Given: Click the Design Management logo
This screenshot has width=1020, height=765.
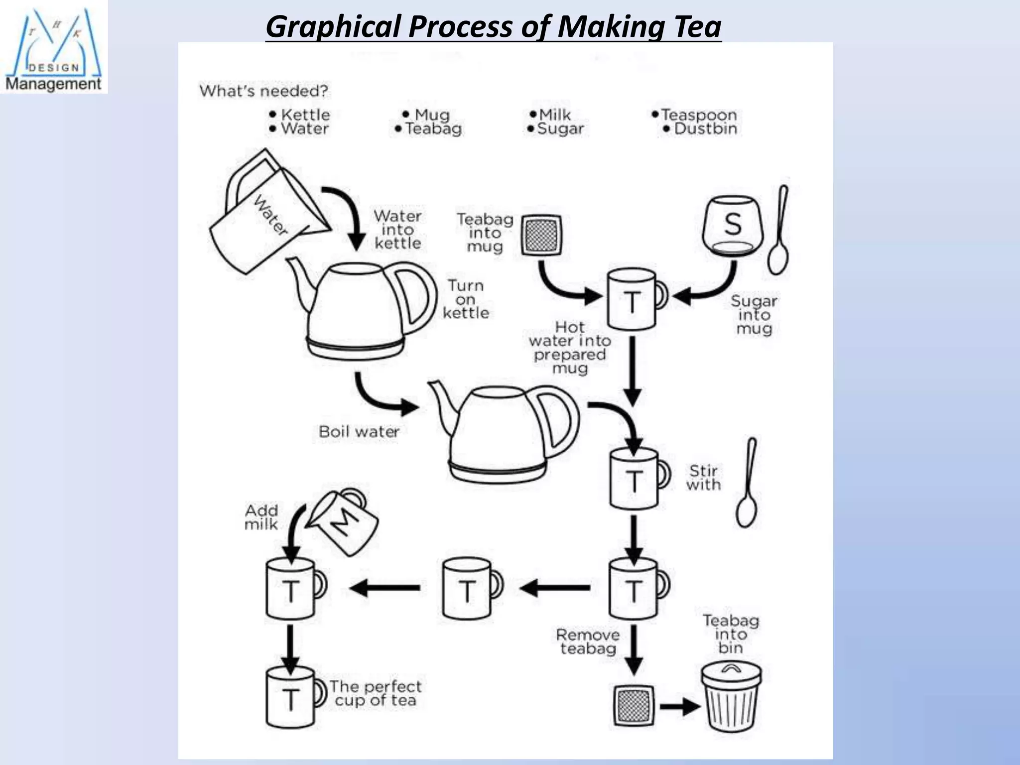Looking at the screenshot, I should (x=53, y=47).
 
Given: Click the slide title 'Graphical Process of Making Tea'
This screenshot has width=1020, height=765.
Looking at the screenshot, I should (x=493, y=27).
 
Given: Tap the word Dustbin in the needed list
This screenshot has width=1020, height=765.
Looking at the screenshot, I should (x=705, y=129).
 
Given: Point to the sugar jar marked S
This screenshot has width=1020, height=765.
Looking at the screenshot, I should (x=732, y=226).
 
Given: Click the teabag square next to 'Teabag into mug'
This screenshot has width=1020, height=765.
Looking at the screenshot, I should (x=541, y=235).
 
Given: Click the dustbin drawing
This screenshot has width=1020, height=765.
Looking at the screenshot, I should (x=731, y=697).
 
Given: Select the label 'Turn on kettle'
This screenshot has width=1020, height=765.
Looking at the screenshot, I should (x=466, y=299).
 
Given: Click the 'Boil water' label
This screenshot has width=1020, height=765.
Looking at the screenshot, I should (x=359, y=431).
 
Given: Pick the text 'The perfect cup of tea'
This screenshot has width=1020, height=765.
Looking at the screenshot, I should (x=376, y=693).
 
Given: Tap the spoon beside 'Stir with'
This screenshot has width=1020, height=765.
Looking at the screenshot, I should (x=747, y=483).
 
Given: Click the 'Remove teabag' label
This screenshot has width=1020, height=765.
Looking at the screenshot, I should (x=588, y=642).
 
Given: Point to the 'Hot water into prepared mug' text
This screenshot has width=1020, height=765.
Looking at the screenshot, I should (x=570, y=348).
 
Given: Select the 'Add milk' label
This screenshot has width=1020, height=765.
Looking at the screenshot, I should (x=261, y=517).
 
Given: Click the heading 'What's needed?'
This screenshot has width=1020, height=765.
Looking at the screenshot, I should (x=264, y=91).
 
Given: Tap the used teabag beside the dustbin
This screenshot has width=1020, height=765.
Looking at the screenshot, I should (x=633, y=706).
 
